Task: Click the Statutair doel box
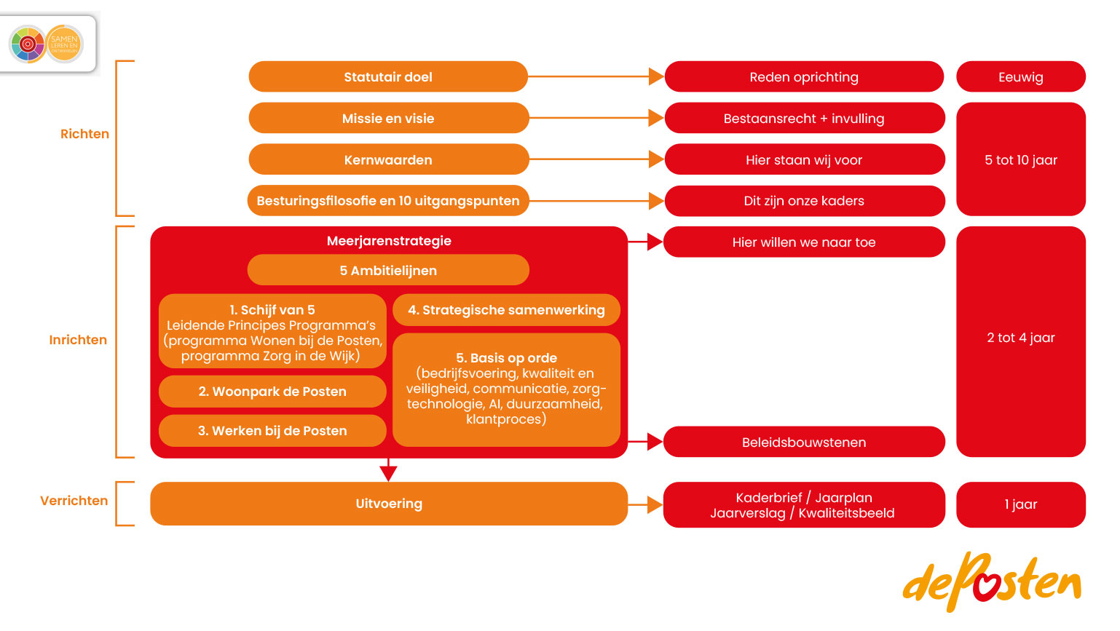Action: tap(388, 77)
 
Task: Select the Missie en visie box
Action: tap(388, 119)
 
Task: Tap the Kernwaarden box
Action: tap(388, 160)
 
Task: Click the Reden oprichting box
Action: tap(804, 77)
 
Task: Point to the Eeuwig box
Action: tap(1020, 77)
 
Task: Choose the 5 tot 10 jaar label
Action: tap(1020, 160)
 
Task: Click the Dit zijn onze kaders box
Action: tap(804, 201)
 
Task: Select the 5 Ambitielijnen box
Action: tap(388, 271)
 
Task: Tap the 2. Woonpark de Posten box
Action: tap(272, 392)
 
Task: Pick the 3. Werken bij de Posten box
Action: tap(272, 431)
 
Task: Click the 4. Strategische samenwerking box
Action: tap(506, 310)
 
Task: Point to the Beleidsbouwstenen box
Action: tap(804, 443)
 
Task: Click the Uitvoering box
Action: tap(389, 504)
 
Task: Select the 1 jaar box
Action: tap(1020, 504)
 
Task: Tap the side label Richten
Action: tap(84, 134)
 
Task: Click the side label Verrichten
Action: tap(74, 501)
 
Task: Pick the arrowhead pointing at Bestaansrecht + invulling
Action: tap(655, 119)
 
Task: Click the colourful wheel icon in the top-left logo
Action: tap(28, 44)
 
